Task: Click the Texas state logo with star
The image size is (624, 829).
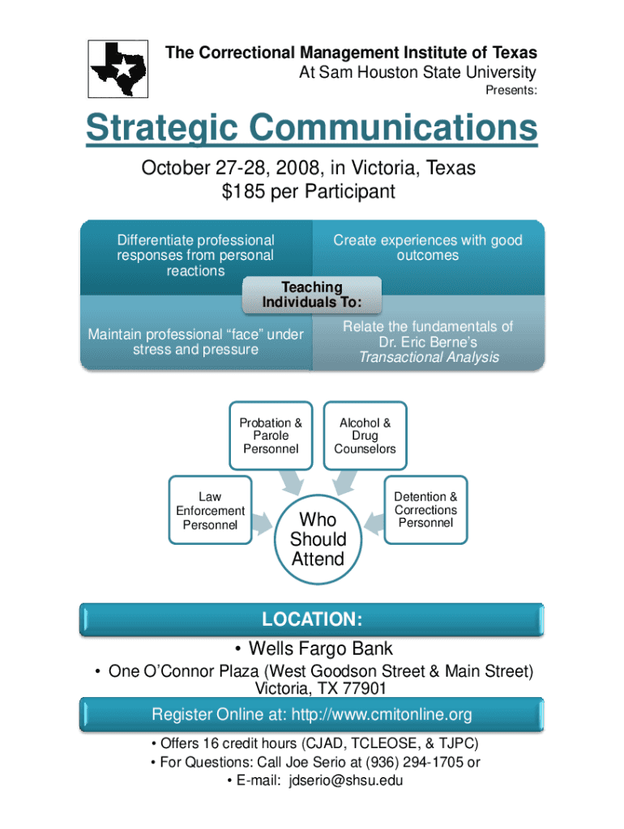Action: coord(119,68)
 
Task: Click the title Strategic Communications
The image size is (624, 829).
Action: coord(312,129)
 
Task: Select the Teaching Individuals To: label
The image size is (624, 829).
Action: coord(312,295)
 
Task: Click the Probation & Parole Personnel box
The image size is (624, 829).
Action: coord(271,436)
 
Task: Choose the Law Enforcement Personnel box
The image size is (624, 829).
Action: coord(210,510)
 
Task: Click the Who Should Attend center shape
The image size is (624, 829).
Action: coord(318,538)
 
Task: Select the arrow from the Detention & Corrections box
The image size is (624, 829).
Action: coord(374,522)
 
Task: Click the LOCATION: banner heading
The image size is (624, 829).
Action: coord(312,620)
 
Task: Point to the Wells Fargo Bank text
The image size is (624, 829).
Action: coord(320,648)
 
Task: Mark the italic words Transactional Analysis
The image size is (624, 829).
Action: coord(429,357)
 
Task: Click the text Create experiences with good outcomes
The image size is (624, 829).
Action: coord(428,248)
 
